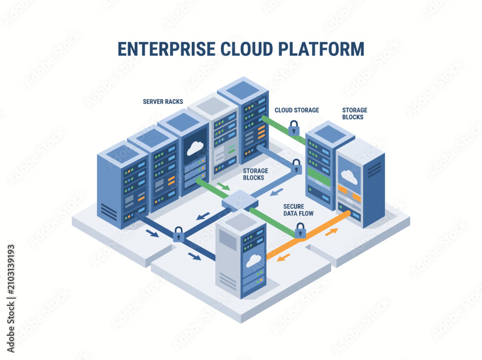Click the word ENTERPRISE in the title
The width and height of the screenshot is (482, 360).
166,49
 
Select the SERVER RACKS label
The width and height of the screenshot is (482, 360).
163,102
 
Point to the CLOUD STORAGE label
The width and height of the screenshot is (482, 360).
296,110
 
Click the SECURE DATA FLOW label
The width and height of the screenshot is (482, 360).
298,210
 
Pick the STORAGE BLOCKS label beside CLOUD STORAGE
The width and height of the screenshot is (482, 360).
354,113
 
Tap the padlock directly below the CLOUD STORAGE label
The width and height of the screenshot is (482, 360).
294,128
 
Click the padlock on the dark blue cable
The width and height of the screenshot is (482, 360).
178,234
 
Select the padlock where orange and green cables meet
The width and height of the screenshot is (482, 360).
300,230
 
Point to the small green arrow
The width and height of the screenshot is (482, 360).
224,187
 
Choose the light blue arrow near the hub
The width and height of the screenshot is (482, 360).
277,192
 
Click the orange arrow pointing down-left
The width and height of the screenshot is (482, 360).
283,258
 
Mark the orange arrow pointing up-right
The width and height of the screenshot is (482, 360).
332,232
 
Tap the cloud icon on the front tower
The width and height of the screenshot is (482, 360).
254,261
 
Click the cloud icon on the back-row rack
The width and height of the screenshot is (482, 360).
194,148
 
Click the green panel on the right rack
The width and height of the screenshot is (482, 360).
319,177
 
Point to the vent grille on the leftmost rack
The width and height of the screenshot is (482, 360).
109,212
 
